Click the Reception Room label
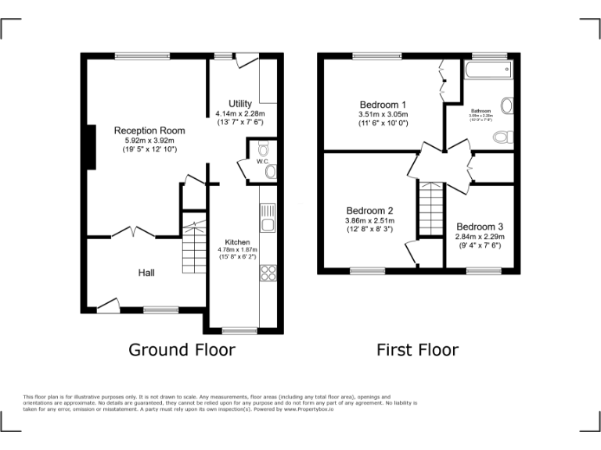click(149, 130)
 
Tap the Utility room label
click(240, 104)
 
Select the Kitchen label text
click(237, 241)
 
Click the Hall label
click(146, 273)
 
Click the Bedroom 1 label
click(383, 105)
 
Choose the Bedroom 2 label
click(369, 210)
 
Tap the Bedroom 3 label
click(480, 227)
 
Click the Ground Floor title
click(181, 349)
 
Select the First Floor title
click(417, 349)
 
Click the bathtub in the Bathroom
click(486, 72)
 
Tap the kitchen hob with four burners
click(268, 273)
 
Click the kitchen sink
click(268, 219)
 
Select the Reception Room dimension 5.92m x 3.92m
click(149, 140)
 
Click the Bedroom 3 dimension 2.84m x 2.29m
click(480, 237)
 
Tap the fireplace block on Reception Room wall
click(91, 146)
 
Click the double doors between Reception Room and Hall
click(131, 232)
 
